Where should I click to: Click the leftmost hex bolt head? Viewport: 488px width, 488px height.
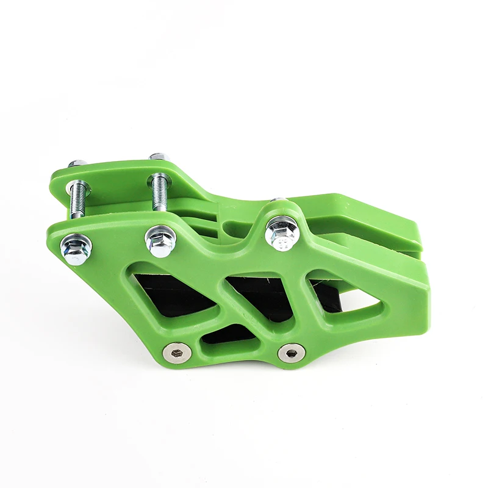point(76,246)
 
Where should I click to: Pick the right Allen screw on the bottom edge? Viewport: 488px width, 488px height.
point(291,352)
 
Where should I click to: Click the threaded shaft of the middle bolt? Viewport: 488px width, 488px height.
point(160,192)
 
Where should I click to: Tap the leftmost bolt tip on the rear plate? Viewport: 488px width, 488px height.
point(77,163)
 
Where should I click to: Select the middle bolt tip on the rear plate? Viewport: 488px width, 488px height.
point(157,157)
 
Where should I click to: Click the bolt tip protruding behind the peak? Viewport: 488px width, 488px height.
point(278,200)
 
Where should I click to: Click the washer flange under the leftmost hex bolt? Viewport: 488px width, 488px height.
point(76,255)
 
